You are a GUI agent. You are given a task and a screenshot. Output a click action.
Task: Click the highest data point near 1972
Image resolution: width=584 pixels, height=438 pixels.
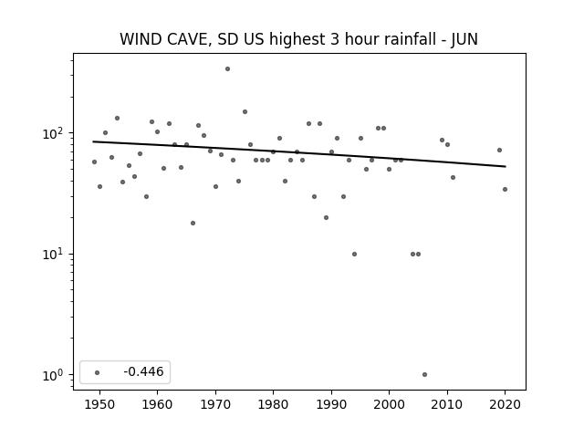(227, 69)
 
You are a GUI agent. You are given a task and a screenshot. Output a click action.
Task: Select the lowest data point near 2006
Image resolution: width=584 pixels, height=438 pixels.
(424, 375)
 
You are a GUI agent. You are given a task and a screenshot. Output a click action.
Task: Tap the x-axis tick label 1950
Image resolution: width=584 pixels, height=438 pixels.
(99, 404)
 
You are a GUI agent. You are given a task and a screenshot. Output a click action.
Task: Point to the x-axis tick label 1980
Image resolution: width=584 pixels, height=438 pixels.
(273, 404)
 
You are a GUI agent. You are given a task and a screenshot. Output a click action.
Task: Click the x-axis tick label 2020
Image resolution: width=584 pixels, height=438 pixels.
(505, 404)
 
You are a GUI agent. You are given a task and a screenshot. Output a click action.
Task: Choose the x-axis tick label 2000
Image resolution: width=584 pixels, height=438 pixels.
(389, 404)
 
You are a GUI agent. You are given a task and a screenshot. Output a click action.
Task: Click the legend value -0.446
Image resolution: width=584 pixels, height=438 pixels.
(143, 371)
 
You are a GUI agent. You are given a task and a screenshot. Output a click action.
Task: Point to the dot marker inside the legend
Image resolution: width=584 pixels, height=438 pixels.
(98, 372)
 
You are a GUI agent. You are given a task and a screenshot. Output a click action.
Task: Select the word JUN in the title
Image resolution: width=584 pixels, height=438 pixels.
(464, 39)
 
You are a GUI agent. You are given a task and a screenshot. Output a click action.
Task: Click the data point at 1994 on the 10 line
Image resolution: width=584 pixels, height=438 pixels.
(354, 254)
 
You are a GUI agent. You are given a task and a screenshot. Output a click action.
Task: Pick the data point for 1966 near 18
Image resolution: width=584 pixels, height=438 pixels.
(193, 223)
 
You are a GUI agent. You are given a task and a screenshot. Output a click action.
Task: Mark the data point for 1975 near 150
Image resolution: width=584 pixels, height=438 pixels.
(245, 111)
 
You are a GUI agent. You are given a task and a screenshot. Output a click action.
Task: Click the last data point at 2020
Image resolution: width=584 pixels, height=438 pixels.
(505, 189)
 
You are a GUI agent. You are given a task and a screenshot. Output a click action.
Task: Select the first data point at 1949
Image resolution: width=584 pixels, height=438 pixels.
(94, 162)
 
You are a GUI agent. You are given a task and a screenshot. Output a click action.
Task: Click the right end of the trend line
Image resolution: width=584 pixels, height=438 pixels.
(506, 166)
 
